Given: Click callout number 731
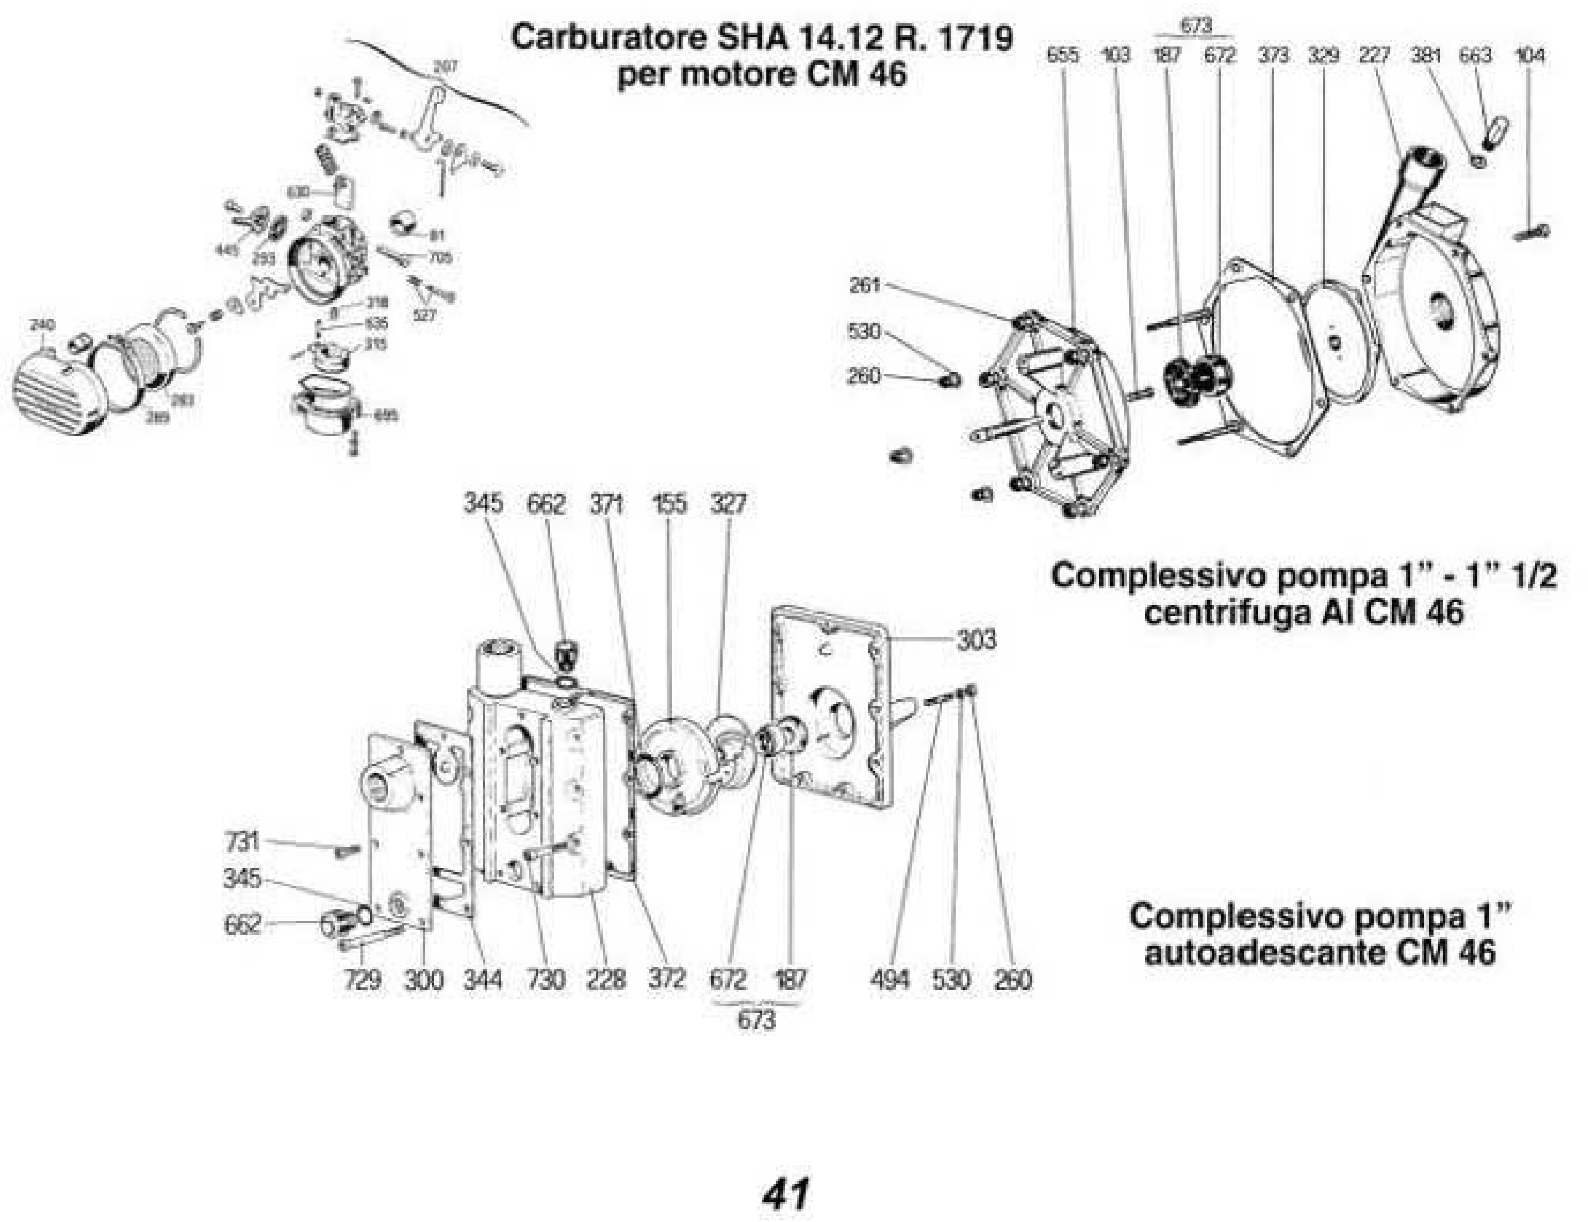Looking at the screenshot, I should point(242,841).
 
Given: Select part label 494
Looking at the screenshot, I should point(889,980).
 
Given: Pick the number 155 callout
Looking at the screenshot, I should point(669,503).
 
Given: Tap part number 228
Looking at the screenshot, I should point(605,980).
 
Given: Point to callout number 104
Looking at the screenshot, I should point(1530,55).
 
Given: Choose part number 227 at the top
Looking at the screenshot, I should point(1374,55).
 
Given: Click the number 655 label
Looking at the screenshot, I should point(1063,55).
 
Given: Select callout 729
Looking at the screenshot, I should point(362,980).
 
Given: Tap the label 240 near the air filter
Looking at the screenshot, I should point(42,324).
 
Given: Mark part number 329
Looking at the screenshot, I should point(1323,55).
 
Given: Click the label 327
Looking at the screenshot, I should point(728,503).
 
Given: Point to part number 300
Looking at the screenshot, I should point(423,980).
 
